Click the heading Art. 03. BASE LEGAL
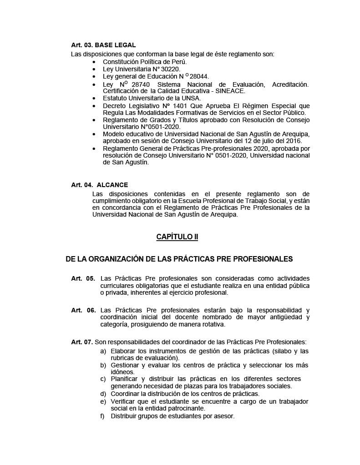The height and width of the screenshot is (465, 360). click(x=103, y=45)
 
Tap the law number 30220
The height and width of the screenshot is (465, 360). click(x=171, y=69)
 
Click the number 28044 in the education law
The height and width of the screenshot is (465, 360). click(x=199, y=76)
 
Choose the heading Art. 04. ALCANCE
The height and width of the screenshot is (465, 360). click(x=99, y=185)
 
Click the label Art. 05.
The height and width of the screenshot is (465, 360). click(x=83, y=278)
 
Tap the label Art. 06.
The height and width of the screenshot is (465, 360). click(x=83, y=310)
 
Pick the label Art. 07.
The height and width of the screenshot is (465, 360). click(x=82, y=342)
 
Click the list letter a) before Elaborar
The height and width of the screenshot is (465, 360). click(x=103, y=351)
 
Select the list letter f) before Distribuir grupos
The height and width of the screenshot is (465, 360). click(x=103, y=416)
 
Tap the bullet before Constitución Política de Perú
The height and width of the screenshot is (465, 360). click(x=94, y=62)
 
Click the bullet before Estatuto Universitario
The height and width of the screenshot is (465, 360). click(x=94, y=99)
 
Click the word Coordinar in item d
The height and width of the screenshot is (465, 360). click(x=126, y=394)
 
